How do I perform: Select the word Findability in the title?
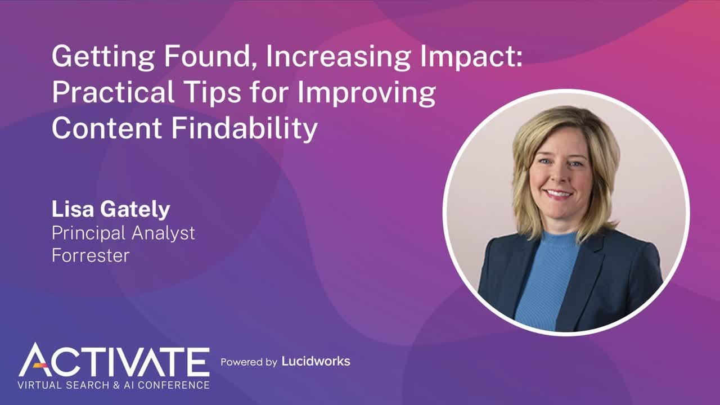tap(244, 128)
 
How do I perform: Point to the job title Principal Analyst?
tap(123, 233)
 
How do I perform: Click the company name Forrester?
tap(91, 255)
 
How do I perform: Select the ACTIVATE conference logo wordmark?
tap(114, 360)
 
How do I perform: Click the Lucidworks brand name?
tap(316, 361)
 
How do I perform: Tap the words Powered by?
tap(249, 362)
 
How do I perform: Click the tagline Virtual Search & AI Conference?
tap(114, 385)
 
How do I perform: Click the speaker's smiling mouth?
tap(559, 194)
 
